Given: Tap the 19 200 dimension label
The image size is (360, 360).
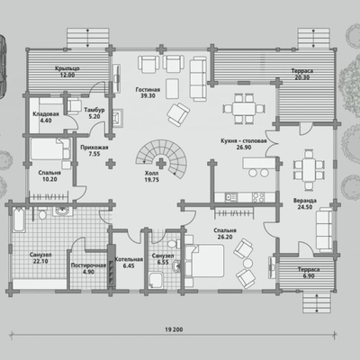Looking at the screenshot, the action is pos(174,329).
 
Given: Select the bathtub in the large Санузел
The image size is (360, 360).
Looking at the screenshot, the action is pos(19,220).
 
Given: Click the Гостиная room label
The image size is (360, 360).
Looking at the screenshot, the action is pos(148,90).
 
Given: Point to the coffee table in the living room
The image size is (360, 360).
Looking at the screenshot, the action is pos(172,88).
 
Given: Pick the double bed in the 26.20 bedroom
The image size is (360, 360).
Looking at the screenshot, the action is pos(205,261).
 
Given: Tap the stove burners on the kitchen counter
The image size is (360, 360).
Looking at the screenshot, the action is pos(258,197).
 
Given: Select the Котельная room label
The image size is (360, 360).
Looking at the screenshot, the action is pos(129,259).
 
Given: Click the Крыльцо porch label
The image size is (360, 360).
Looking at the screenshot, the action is pos(67,68).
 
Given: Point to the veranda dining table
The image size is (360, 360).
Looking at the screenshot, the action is pos(309,170).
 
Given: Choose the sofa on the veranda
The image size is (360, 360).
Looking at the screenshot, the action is pos(324,229).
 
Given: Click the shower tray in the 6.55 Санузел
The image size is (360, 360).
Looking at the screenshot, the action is pos(156,280).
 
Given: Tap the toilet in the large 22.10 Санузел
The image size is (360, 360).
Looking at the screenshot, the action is pos(42,214).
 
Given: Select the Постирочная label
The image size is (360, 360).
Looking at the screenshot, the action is pos(88,265).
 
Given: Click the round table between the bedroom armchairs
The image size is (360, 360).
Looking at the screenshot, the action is pos(247,263).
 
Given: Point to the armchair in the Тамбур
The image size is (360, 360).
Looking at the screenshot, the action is pos(74,105).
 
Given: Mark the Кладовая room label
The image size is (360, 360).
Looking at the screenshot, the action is pos(46,114).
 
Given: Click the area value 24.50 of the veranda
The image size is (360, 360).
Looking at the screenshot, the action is pos(305,207).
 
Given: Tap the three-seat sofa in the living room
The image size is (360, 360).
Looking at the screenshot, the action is pos(198,79).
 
